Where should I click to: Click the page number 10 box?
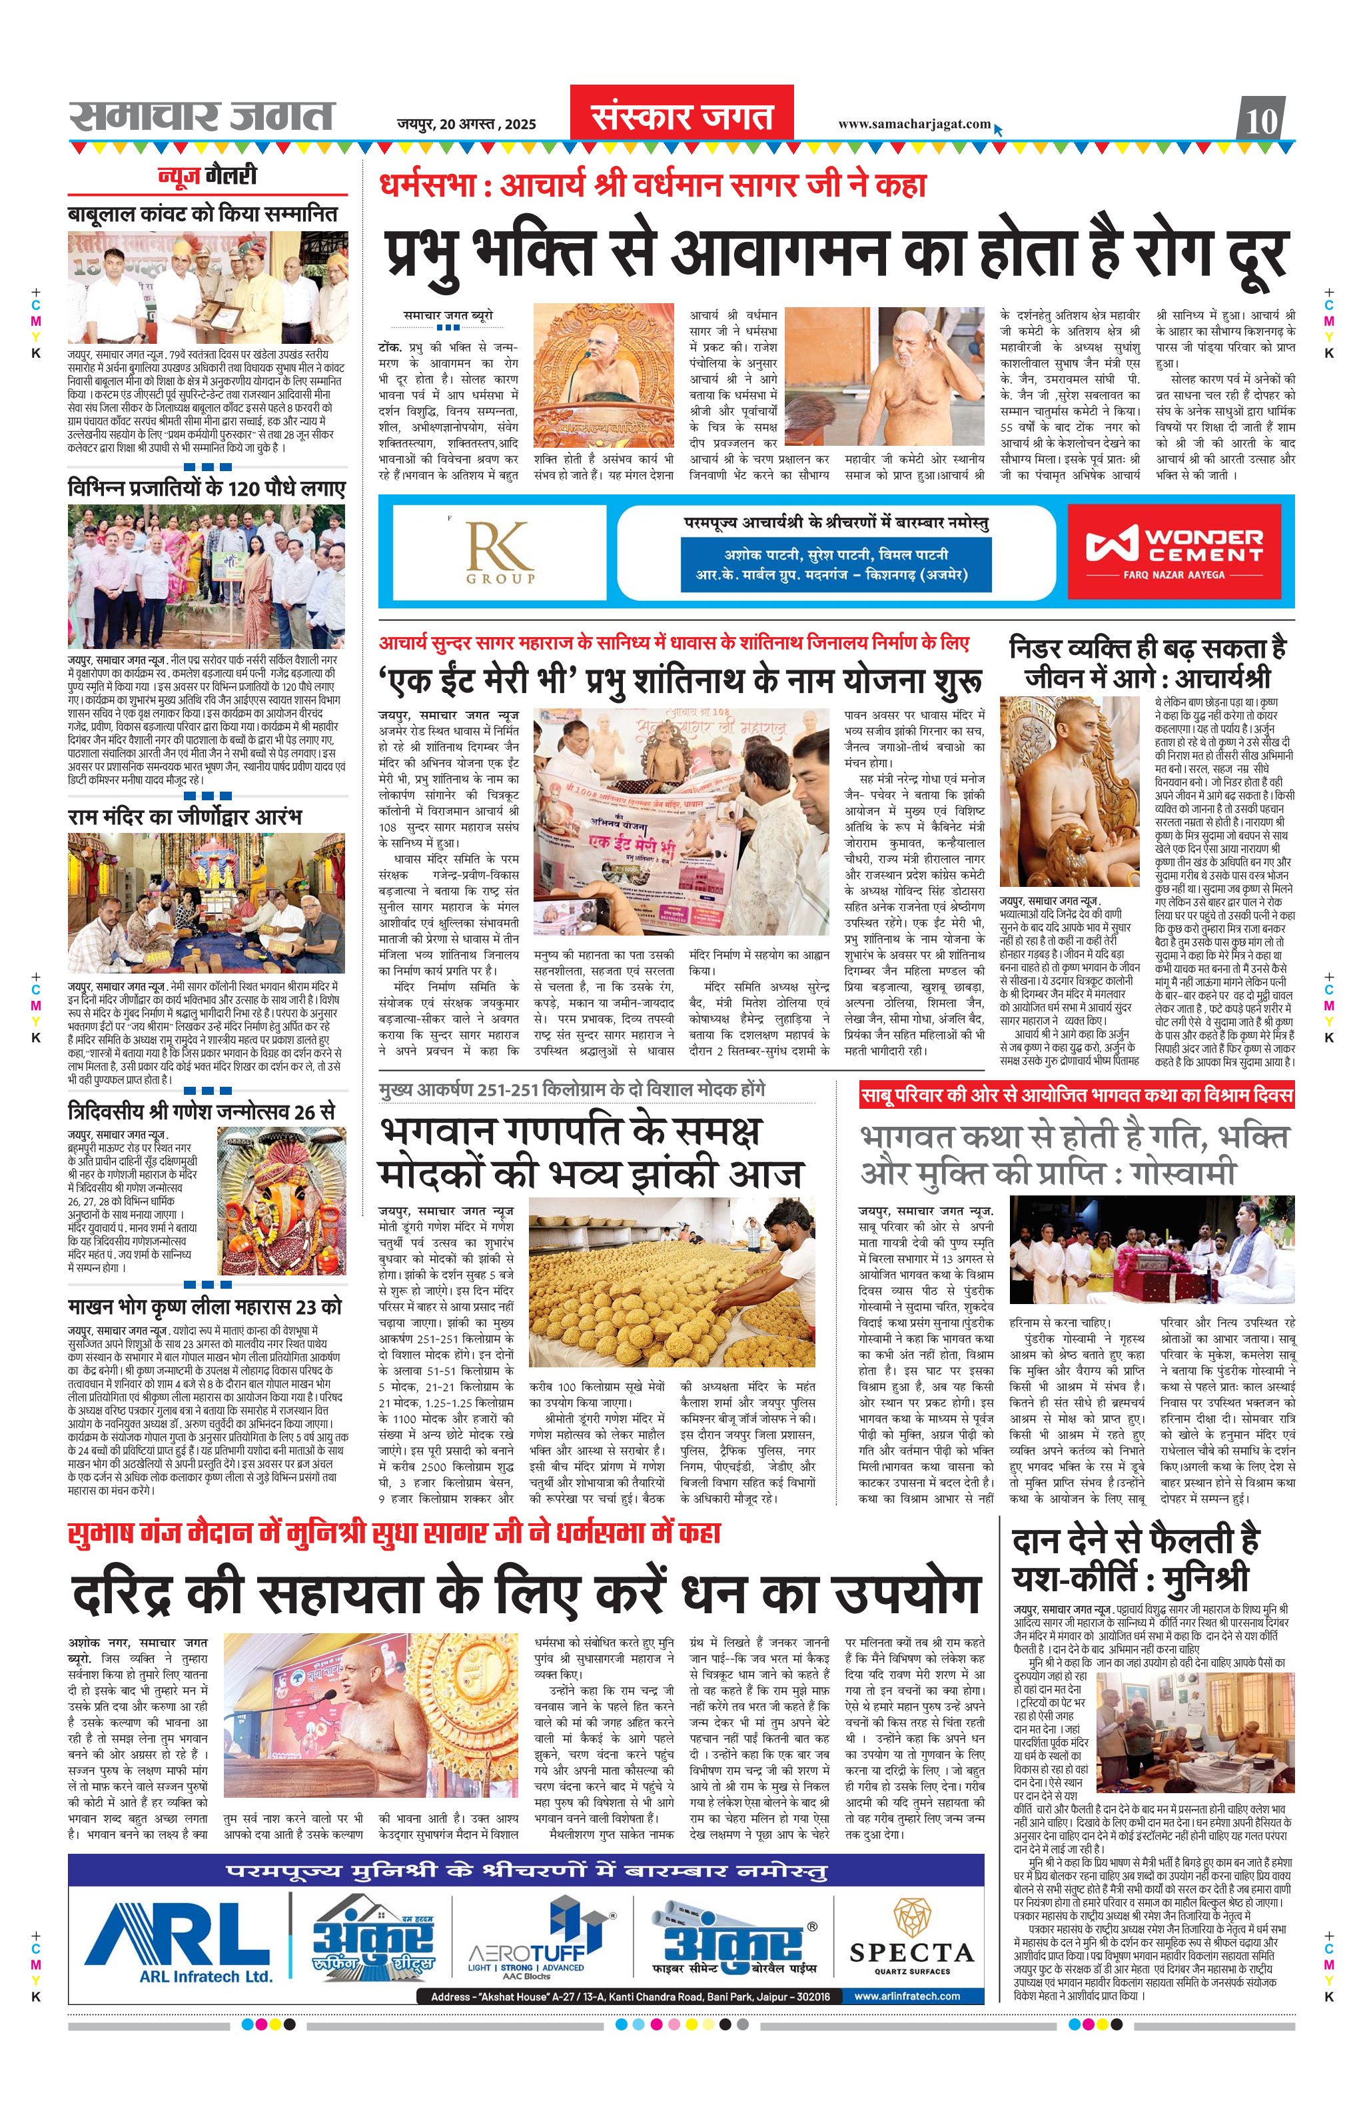point(1262,119)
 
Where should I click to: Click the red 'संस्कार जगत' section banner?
point(681,116)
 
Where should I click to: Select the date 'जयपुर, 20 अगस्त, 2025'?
point(466,124)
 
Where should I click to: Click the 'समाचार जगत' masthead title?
point(202,116)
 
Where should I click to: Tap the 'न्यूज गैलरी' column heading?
point(207,175)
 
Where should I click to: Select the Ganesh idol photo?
point(280,1201)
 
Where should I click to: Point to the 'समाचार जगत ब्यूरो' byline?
point(448,315)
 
